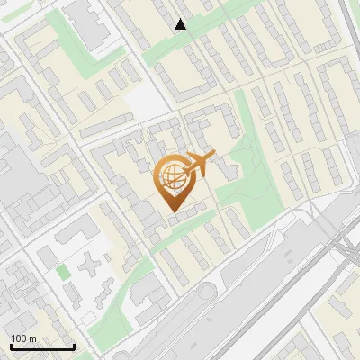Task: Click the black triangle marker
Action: (181, 24)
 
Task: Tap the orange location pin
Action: (172, 181)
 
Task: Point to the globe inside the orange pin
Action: (171, 175)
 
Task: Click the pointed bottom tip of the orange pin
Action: (172, 210)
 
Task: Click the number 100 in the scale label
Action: (19, 338)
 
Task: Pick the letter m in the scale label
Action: (32, 338)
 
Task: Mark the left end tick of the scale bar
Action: (11, 346)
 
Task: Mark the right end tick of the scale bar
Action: (74, 346)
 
